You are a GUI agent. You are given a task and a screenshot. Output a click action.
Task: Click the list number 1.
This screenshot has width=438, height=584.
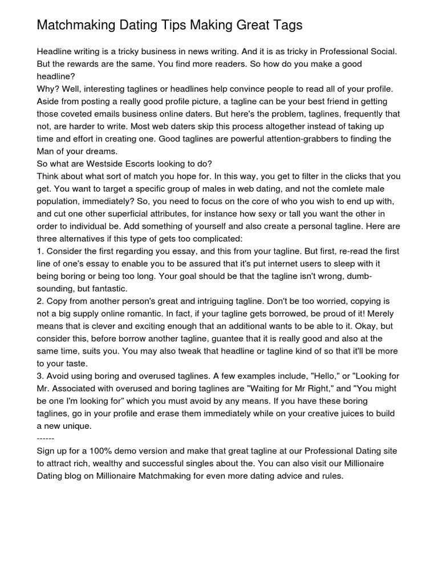pyautogui.click(x=39, y=251)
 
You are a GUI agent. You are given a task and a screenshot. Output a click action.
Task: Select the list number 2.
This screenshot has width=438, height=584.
pyautogui.click(x=39, y=301)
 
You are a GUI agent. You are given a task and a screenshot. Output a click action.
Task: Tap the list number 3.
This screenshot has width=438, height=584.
pyautogui.click(x=39, y=376)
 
